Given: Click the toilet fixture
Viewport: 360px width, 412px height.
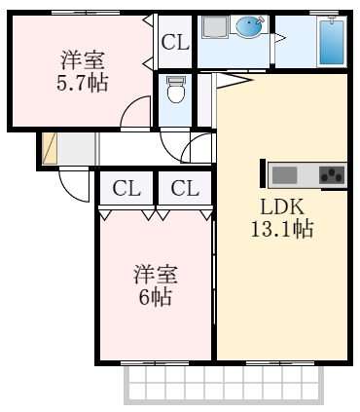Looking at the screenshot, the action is [x=176, y=89].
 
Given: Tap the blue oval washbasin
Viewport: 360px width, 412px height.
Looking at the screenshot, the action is [x=250, y=27].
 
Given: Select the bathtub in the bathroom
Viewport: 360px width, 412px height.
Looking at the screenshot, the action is [x=332, y=42].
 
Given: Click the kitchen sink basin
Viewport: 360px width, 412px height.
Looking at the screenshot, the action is [x=285, y=174].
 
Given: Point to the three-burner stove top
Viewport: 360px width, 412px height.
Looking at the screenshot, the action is [x=332, y=174].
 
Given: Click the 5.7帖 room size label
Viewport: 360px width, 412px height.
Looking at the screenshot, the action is [x=83, y=84].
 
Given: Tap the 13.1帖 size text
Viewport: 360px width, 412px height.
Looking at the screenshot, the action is [x=282, y=229].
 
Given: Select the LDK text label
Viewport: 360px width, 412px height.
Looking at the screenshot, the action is [x=282, y=206].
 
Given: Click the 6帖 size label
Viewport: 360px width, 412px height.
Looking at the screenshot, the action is [x=155, y=297].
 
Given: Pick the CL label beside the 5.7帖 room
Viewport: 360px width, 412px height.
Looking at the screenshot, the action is [x=175, y=42].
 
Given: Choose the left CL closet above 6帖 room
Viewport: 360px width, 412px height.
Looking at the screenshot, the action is [x=126, y=188].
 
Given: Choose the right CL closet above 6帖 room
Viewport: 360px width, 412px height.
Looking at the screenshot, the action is [x=185, y=188].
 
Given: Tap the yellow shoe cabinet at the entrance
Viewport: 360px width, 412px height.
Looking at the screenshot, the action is [x=50, y=148].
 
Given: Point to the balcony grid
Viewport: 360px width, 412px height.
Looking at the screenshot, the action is [x=224, y=385].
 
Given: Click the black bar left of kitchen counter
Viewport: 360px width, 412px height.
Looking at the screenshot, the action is [x=263, y=173].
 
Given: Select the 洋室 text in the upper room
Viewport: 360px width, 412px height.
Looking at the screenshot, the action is [x=83, y=59].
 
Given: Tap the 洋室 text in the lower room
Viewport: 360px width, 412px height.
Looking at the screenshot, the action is [x=156, y=275].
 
